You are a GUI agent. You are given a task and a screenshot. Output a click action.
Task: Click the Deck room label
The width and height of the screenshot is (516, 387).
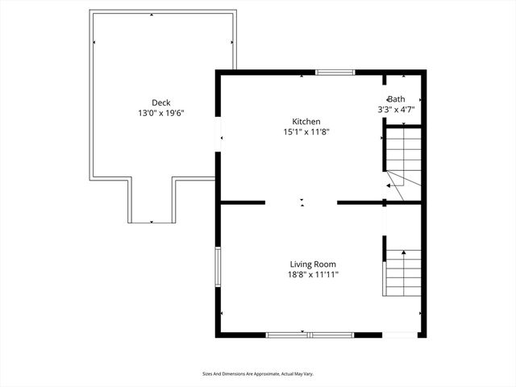(161, 102)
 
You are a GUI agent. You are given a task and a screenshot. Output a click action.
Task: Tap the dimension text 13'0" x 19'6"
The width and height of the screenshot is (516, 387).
(161, 114)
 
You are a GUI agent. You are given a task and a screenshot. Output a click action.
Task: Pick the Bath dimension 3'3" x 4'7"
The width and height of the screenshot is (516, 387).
(396, 109)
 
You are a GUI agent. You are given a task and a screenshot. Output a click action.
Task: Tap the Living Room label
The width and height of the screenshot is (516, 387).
(313, 264)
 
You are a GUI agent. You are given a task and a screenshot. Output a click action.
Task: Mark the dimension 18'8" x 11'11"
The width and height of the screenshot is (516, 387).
(313, 275)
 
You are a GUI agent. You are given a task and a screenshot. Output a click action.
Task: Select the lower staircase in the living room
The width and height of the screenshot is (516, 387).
(403, 272)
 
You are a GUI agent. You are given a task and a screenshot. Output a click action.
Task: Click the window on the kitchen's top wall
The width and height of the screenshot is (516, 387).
(335, 73)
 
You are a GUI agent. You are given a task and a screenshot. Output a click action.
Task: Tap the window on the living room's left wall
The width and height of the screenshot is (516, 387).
(217, 267)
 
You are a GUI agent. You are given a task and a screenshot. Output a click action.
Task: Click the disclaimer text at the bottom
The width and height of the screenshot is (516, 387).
(257, 374)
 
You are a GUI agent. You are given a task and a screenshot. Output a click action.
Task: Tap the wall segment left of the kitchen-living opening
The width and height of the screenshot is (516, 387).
(242, 202)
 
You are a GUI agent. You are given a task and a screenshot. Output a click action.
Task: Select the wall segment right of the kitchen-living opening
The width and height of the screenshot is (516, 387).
(358, 202)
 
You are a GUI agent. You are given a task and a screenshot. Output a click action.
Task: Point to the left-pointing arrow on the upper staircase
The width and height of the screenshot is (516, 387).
(389, 185)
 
